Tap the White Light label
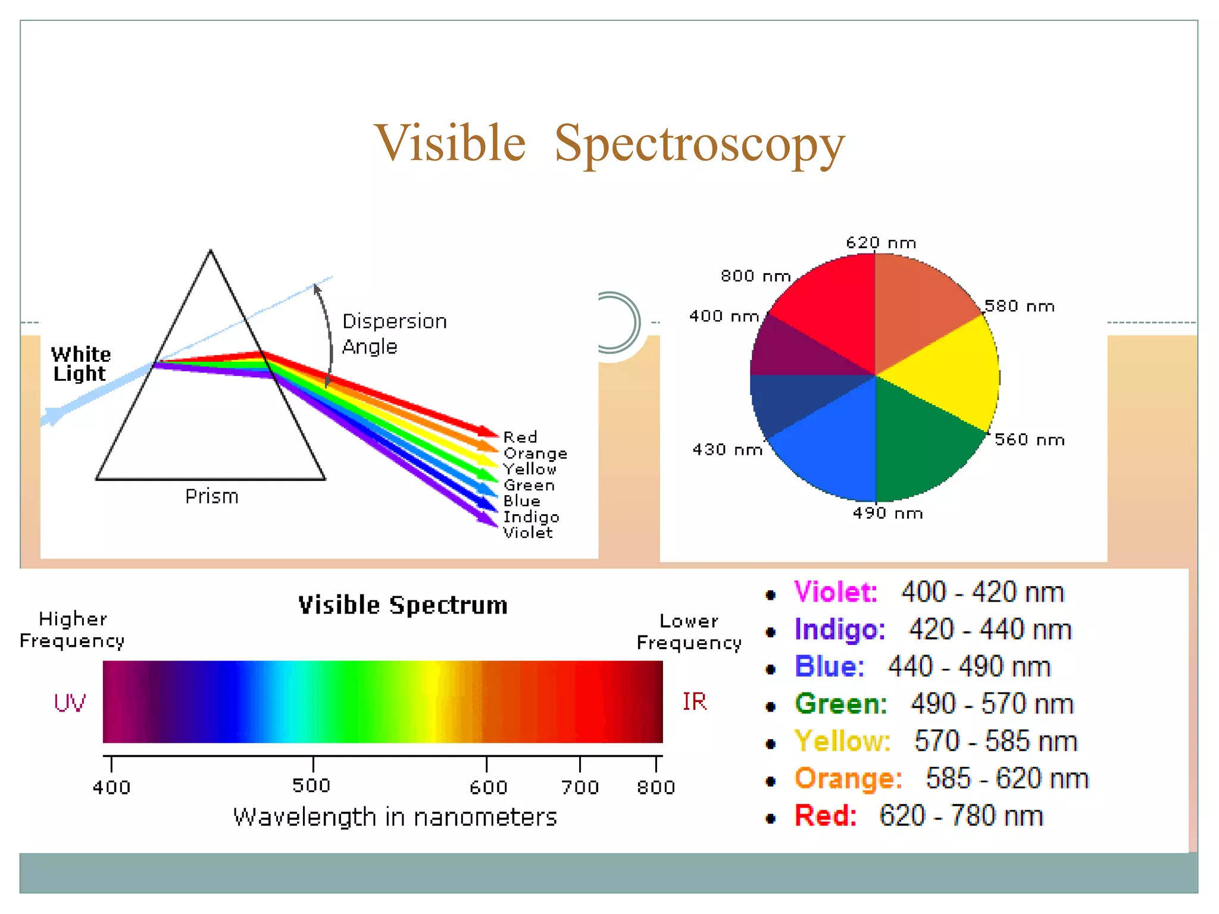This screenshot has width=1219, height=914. coord(80,364)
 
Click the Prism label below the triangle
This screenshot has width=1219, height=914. coord(211,496)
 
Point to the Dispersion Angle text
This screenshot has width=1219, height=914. coord(393,333)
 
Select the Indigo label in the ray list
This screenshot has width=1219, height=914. coord(531,517)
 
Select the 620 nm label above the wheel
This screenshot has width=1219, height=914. coord(880,243)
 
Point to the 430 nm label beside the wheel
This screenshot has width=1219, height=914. coord(727,449)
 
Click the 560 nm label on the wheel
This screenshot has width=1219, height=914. coord(1029,440)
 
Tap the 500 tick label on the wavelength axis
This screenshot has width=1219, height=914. coord(311,785)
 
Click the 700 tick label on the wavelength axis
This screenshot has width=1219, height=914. coord(580,787)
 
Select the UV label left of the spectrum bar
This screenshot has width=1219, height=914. coord(70,703)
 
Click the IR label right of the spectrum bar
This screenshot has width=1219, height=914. coord(694,702)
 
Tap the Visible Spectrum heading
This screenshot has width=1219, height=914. coord(402,605)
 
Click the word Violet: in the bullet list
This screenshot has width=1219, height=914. coord(835,592)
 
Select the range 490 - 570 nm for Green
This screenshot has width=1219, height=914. coord(992,704)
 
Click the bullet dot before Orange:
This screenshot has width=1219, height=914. coord(771,781)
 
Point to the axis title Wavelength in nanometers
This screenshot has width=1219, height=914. coord(395,818)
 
